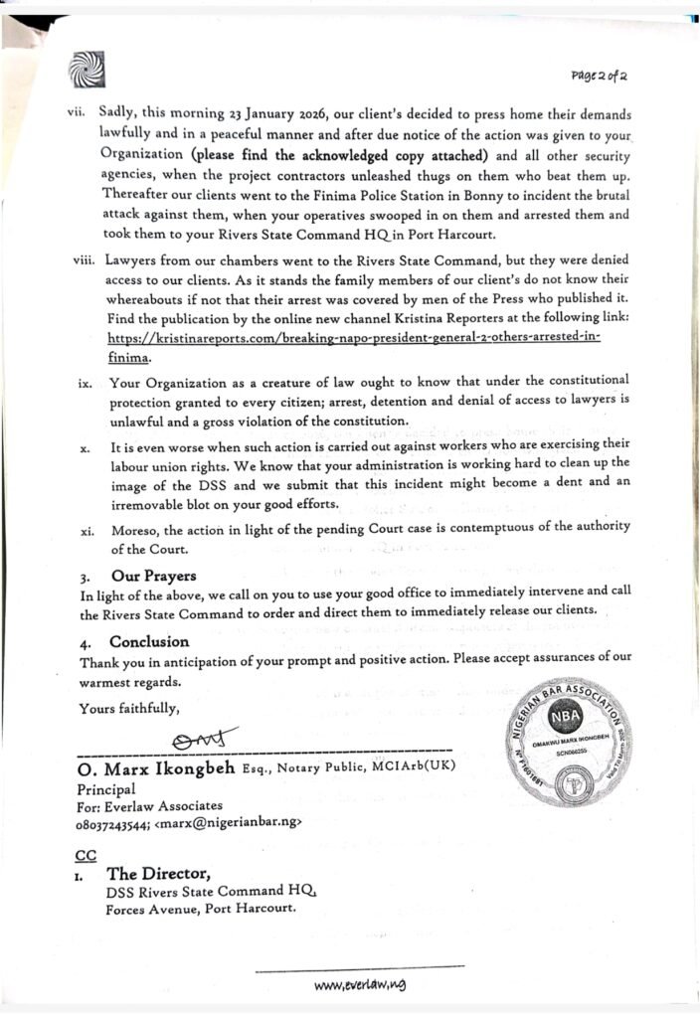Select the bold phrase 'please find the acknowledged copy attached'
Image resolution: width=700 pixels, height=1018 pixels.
tap(340, 155)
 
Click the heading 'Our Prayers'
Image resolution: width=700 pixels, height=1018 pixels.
tap(153, 576)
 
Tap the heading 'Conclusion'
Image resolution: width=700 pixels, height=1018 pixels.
tap(149, 642)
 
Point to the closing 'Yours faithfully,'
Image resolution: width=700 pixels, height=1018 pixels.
tap(129, 709)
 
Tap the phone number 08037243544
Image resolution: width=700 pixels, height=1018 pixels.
tap(113, 824)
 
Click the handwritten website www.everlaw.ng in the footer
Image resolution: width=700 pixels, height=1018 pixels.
tap(360, 984)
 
